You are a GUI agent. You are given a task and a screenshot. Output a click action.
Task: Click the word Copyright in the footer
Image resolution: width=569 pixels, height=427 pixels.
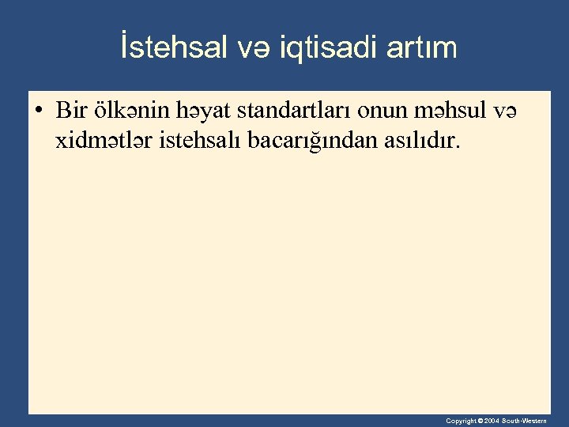pyautogui.click(x=461, y=421)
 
